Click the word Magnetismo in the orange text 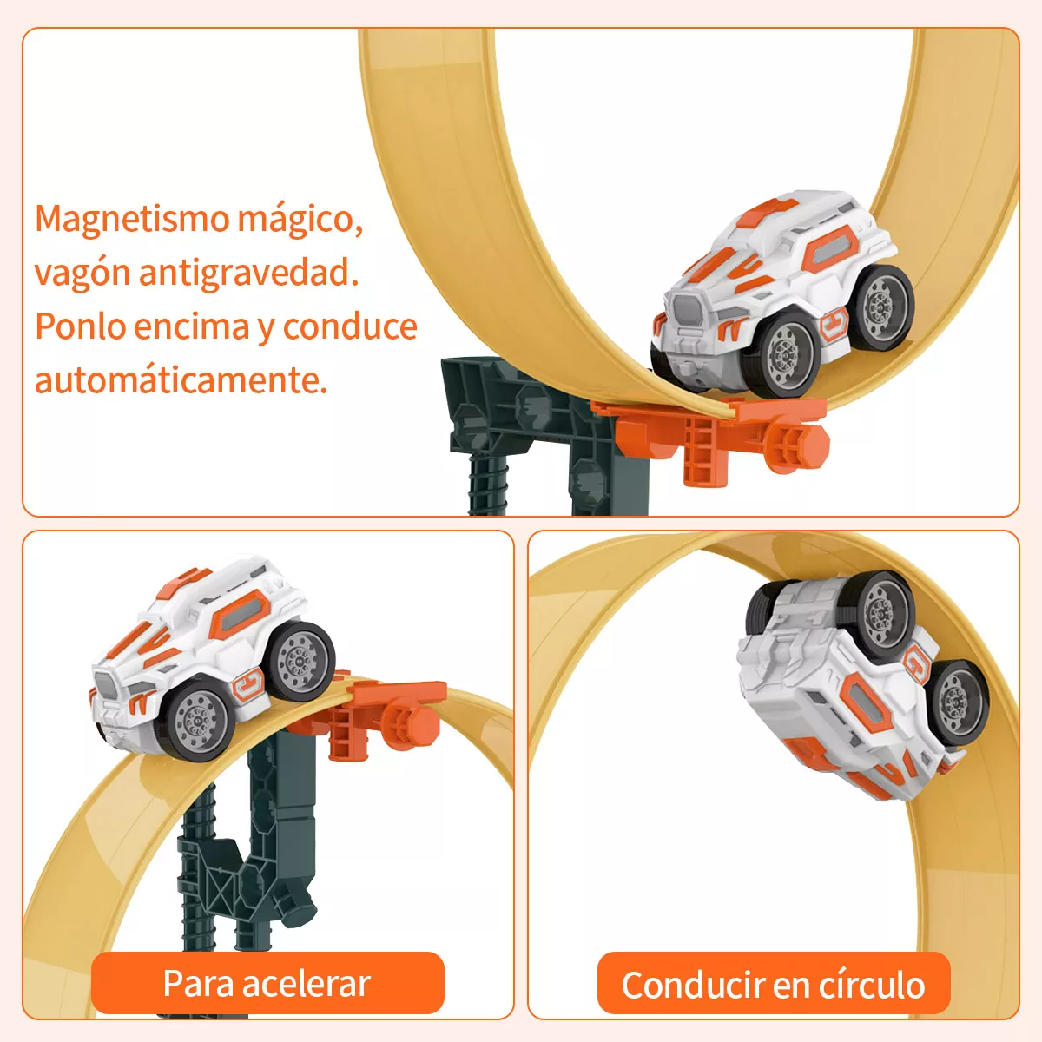point(133,221)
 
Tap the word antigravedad point(248,273)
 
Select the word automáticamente point(181,380)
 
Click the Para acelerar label point(267,982)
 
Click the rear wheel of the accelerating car point(300,661)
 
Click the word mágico point(300,221)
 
